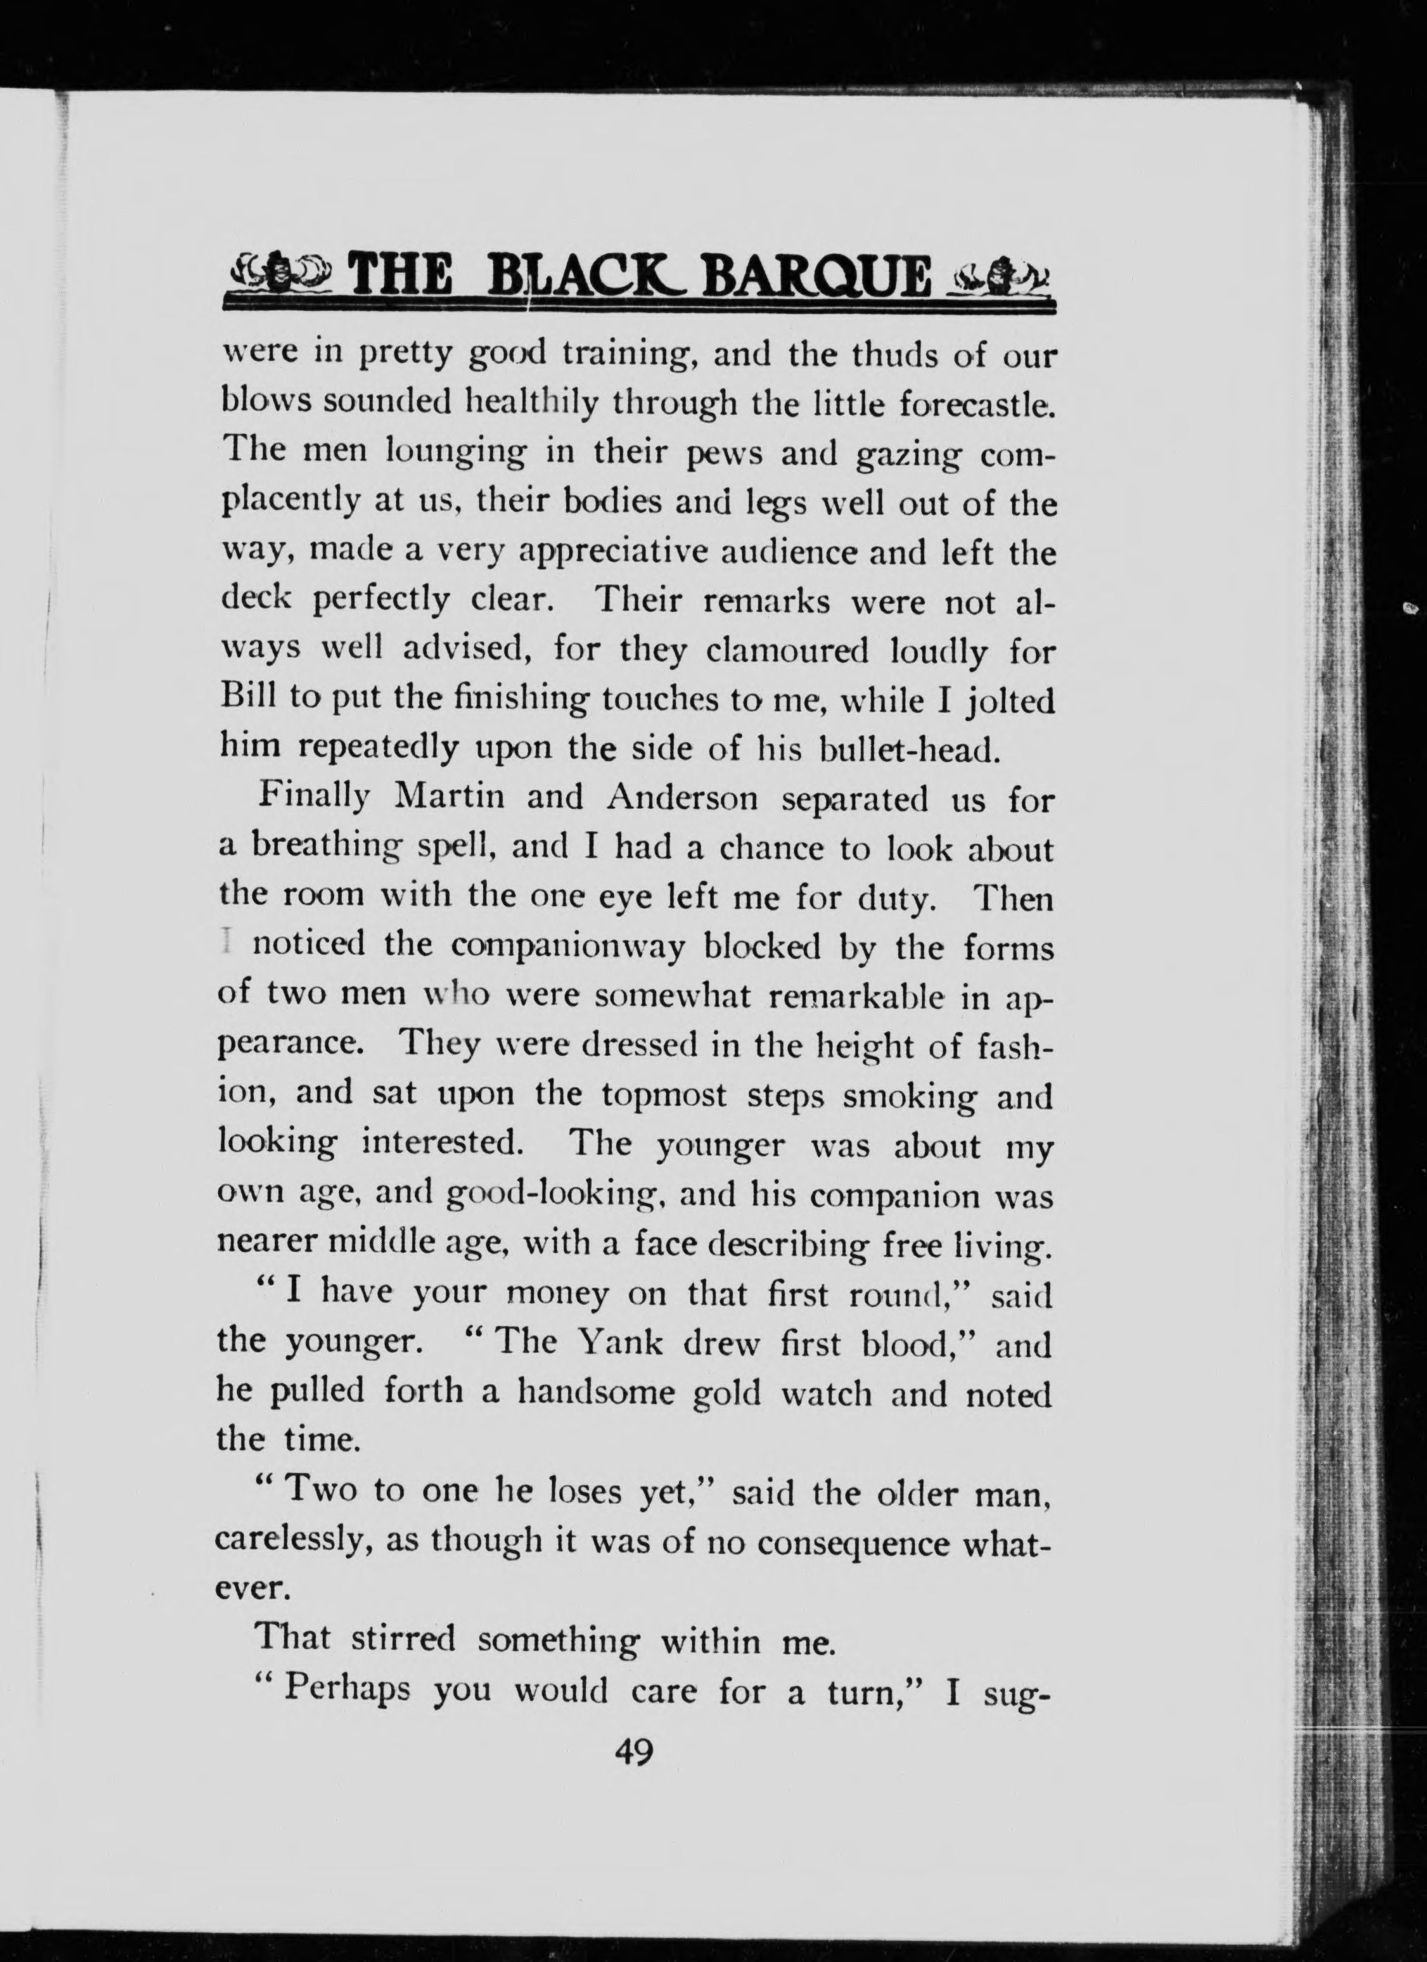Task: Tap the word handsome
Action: point(595,1393)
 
